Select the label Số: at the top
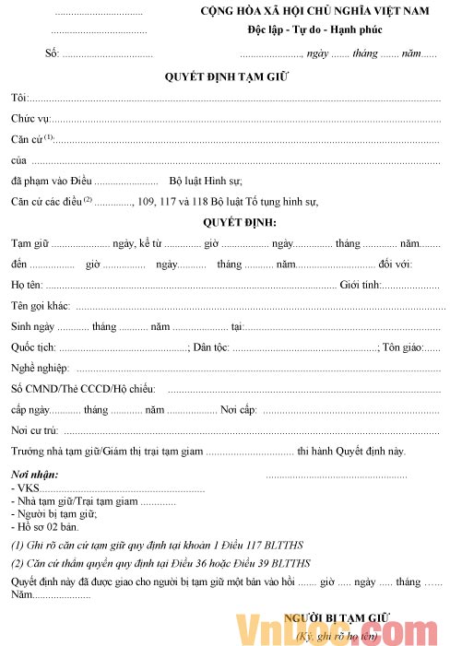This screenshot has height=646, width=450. [x=52, y=53]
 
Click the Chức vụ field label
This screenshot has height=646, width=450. [x=30, y=119]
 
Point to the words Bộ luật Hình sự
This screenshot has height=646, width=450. [x=205, y=180]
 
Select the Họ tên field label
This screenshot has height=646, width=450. [x=27, y=285]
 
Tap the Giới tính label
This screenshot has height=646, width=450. [x=360, y=285]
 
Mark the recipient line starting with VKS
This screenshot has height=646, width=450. [x=23, y=488]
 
